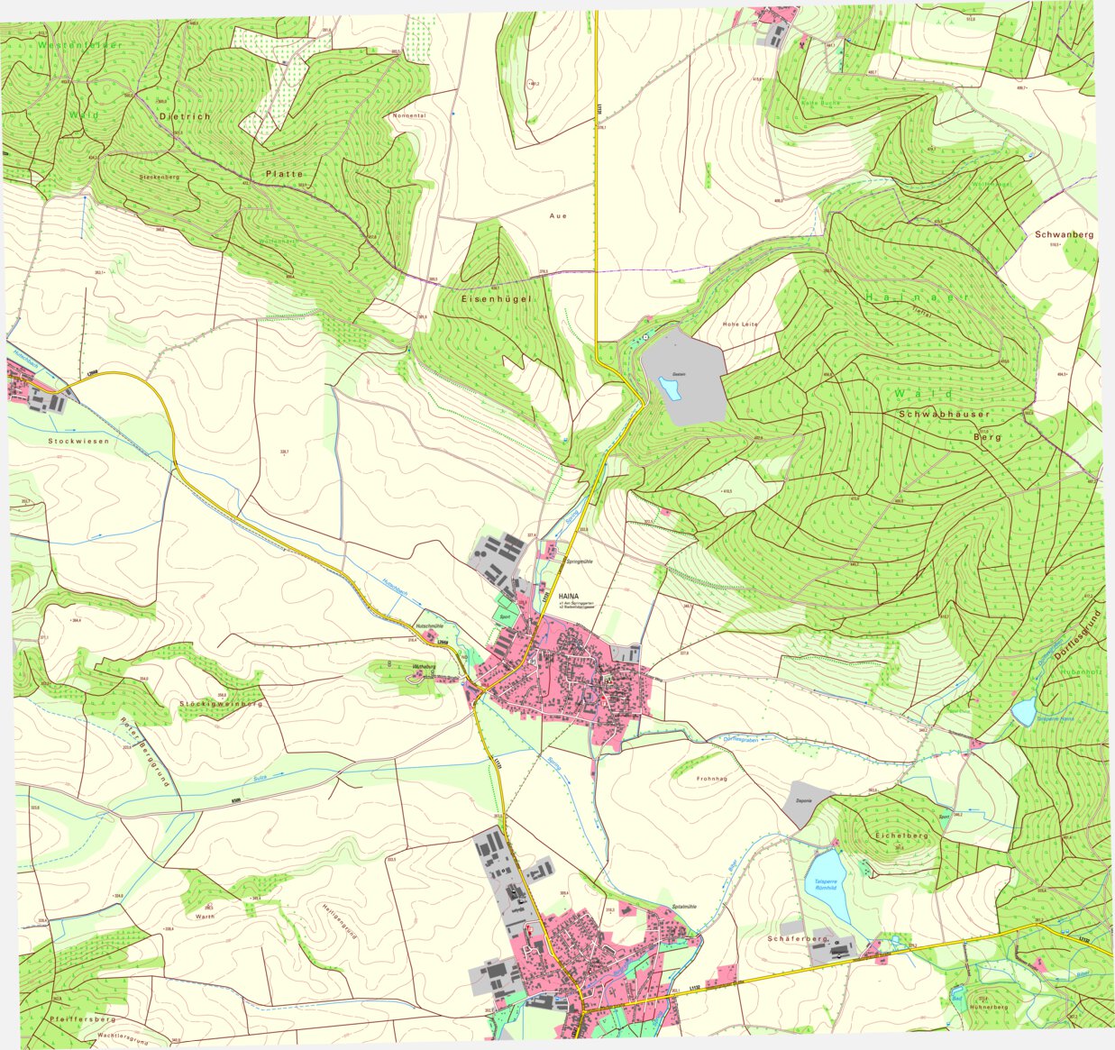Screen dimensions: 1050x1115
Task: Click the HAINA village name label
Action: pyautogui.click(x=569, y=597)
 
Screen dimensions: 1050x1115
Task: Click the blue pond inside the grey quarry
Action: pyautogui.click(x=670, y=388)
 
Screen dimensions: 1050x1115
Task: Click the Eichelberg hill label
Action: pyautogui.click(x=900, y=835)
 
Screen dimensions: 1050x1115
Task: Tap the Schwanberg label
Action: pyautogui.click(x=1065, y=234)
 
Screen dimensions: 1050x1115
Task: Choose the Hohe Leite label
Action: pyautogui.click(x=740, y=324)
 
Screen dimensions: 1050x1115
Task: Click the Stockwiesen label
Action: pyautogui.click(x=79, y=441)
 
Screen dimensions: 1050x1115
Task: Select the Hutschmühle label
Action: pyautogui.click(x=431, y=625)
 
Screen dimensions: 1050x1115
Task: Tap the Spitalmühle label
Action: pyautogui.click(x=685, y=906)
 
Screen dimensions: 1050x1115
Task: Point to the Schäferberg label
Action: pyautogui.click(x=797, y=939)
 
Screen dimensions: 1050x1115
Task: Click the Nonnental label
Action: pyautogui.click(x=409, y=116)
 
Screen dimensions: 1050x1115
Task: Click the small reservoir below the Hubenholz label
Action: pyautogui.click(x=1023, y=712)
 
